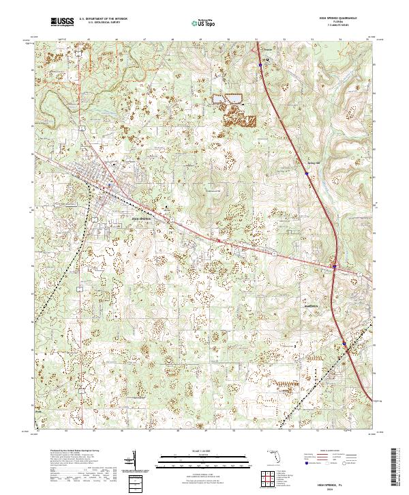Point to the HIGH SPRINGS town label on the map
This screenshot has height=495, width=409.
141,218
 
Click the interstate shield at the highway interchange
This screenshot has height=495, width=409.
334,266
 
